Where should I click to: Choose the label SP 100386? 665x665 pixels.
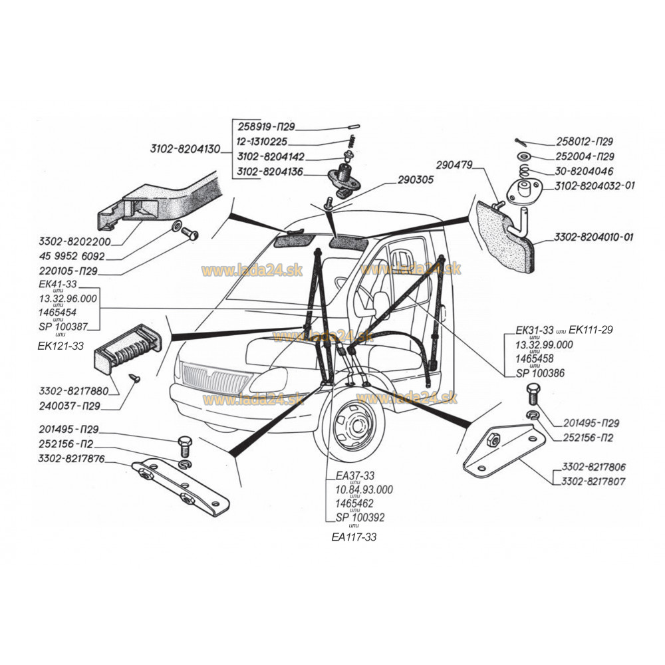pyautogui.click(x=541, y=374)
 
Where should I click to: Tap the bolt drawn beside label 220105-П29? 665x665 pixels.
pyautogui.click(x=188, y=234)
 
